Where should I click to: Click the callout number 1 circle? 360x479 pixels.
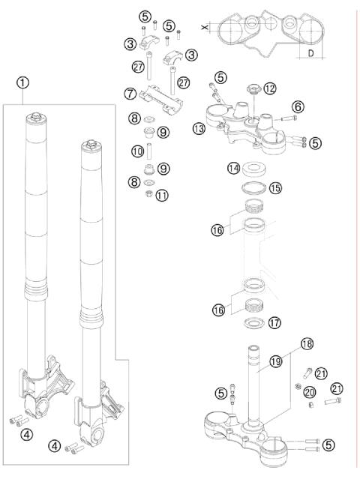pos(23,82)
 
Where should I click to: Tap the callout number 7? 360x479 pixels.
pos(130,94)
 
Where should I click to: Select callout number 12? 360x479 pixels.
pos(270,88)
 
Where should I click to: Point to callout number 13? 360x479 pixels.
pos(199,129)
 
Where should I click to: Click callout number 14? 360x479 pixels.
pos(234,169)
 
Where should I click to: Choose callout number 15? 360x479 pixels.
pos(275,188)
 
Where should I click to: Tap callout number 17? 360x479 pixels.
pos(274,322)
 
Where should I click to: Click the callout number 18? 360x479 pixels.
pos(307,344)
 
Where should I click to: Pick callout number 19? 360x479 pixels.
pos(276,362)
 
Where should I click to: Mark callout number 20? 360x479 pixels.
pos(310,392)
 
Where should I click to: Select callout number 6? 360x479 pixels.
pos(298,107)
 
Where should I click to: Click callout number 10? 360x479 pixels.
pos(138,151)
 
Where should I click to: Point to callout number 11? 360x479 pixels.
pos(162,195)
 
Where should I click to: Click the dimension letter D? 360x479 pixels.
pos(310,53)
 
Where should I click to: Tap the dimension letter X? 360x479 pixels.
pos(205,28)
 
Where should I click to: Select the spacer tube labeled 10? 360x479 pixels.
pos(149,151)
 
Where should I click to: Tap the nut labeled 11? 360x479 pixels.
pos(148,193)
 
